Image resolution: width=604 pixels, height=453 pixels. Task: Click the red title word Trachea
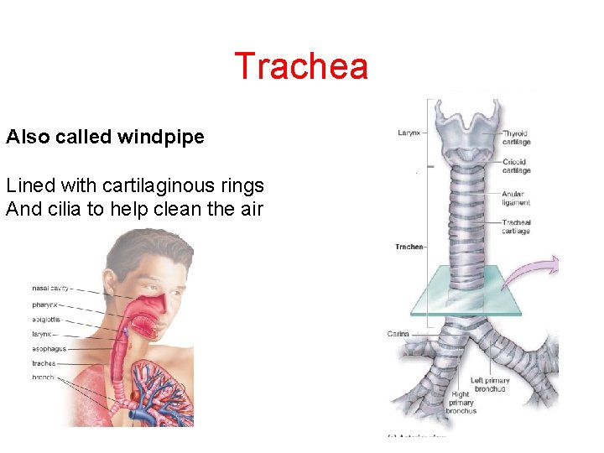coord(301,66)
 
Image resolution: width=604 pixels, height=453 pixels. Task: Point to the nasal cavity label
coord(51,289)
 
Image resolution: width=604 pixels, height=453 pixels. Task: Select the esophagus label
coord(49,348)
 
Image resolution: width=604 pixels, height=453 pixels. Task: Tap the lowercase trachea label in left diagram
coord(44,363)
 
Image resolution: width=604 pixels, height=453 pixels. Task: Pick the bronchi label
coord(44,378)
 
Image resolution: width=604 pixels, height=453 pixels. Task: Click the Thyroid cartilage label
coord(516,138)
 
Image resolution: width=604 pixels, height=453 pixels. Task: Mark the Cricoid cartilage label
coord(516,166)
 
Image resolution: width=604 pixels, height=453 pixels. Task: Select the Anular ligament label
coord(516,198)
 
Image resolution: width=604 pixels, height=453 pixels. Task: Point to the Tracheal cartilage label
coord(516,226)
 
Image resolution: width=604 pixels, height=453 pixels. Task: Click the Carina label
coord(398,334)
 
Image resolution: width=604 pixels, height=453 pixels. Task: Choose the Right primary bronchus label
coord(461,403)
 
